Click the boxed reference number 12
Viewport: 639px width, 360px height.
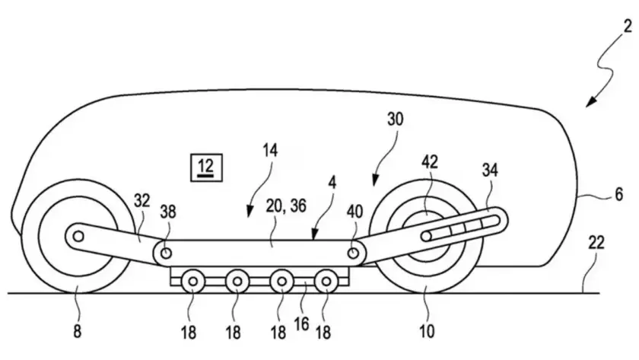(206, 167)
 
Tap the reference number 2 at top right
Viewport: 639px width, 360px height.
(628, 27)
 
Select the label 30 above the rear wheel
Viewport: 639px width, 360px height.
(395, 119)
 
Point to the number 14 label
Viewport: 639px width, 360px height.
(270, 151)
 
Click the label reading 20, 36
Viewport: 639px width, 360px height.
(286, 206)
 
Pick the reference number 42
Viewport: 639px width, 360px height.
(430, 162)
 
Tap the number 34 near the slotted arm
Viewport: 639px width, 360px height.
(490, 170)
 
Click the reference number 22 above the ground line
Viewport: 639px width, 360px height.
(596, 244)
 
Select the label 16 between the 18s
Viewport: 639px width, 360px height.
(301, 325)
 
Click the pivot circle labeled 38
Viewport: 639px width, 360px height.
(166, 253)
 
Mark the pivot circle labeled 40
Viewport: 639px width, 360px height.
(353, 253)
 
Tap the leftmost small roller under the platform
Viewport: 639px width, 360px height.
(192, 282)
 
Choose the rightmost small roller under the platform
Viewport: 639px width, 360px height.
(326, 282)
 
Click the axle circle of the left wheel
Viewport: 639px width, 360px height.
(78, 236)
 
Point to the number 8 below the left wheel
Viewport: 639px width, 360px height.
(78, 332)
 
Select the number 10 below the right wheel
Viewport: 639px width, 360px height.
(427, 332)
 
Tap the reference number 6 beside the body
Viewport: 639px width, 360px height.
(618, 194)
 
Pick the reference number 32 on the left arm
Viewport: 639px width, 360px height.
(141, 201)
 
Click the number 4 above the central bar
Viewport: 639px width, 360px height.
(332, 183)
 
